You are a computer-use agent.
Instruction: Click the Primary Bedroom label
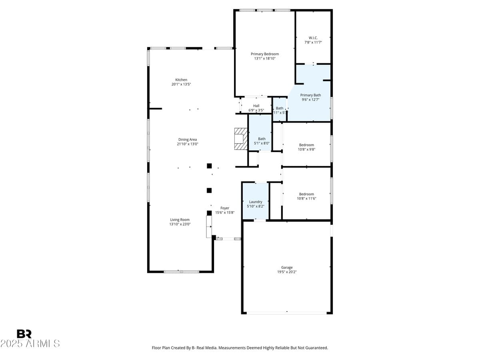(x=264, y=54)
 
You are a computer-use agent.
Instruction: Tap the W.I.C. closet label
(x=313, y=38)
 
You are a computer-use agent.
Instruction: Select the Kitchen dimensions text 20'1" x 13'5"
(x=181, y=84)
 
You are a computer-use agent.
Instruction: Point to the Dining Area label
(x=187, y=140)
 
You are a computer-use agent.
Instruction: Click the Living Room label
(x=180, y=220)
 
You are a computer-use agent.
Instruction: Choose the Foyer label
(x=225, y=208)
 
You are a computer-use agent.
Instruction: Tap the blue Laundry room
(x=255, y=202)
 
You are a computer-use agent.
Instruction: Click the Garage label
(x=286, y=267)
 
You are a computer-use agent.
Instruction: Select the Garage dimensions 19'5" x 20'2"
(x=286, y=272)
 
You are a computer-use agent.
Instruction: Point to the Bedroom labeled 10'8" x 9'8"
(x=306, y=147)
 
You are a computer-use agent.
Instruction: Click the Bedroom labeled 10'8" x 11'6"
(x=306, y=196)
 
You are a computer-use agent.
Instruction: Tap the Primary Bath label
(x=310, y=95)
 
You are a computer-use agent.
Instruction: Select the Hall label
(x=256, y=106)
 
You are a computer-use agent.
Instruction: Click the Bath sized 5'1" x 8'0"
(x=261, y=141)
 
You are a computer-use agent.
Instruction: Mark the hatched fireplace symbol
(x=240, y=139)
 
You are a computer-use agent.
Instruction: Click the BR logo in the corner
(x=24, y=334)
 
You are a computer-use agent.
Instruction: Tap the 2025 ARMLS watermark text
(x=30, y=344)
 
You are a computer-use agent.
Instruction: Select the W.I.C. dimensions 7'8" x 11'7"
(x=313, y=42)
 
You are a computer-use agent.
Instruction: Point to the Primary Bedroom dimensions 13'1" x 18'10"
(x=264, y=58)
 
